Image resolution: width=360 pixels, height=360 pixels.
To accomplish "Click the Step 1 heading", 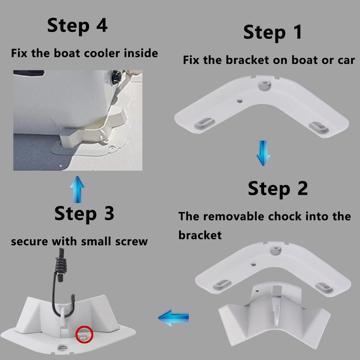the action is pos(273,32).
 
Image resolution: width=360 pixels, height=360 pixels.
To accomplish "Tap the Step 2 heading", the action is pos(278,189).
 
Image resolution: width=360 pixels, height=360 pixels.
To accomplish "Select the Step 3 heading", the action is pos(84,214).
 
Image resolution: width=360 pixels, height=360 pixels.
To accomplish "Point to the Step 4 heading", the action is pos(77,26).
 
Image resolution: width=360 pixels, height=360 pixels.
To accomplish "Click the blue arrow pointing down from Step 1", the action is pos(263,153).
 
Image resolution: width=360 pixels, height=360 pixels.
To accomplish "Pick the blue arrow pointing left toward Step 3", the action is pos(174,318).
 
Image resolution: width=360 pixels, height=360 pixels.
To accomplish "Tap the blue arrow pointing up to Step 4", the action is pos(77,189).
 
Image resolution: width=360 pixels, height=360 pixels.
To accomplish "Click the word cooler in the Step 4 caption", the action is pos(102,53).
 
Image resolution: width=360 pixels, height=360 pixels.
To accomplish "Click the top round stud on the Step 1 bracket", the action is pos(265,85).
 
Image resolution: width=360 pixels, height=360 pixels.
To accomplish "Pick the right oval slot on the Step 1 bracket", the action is pos(319,127).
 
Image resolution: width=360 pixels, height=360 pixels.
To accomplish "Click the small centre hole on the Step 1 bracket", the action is pos(239,101).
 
